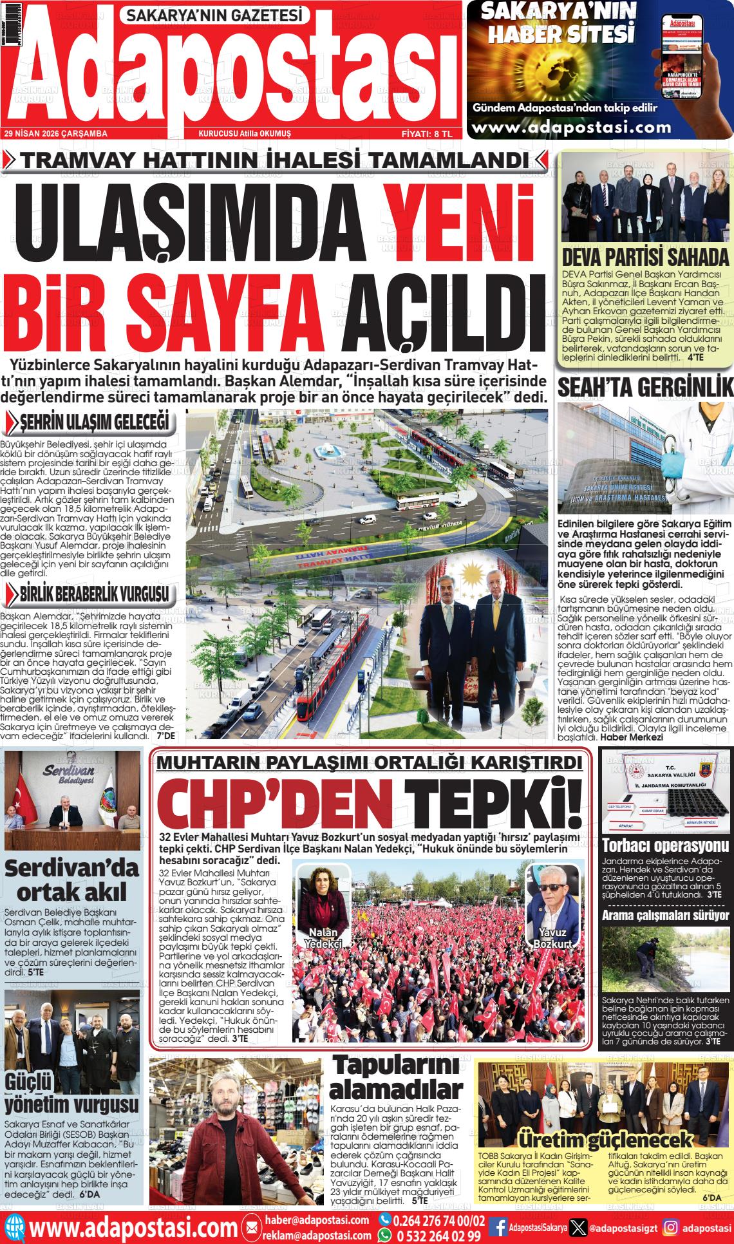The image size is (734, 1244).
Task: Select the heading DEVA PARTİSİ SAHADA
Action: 645,257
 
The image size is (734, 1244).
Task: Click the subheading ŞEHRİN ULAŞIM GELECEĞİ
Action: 94,423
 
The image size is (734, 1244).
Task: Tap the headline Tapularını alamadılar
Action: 396,1079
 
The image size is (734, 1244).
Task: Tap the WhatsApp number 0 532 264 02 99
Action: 438,1236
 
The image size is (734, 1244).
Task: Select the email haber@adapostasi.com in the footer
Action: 316,1220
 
